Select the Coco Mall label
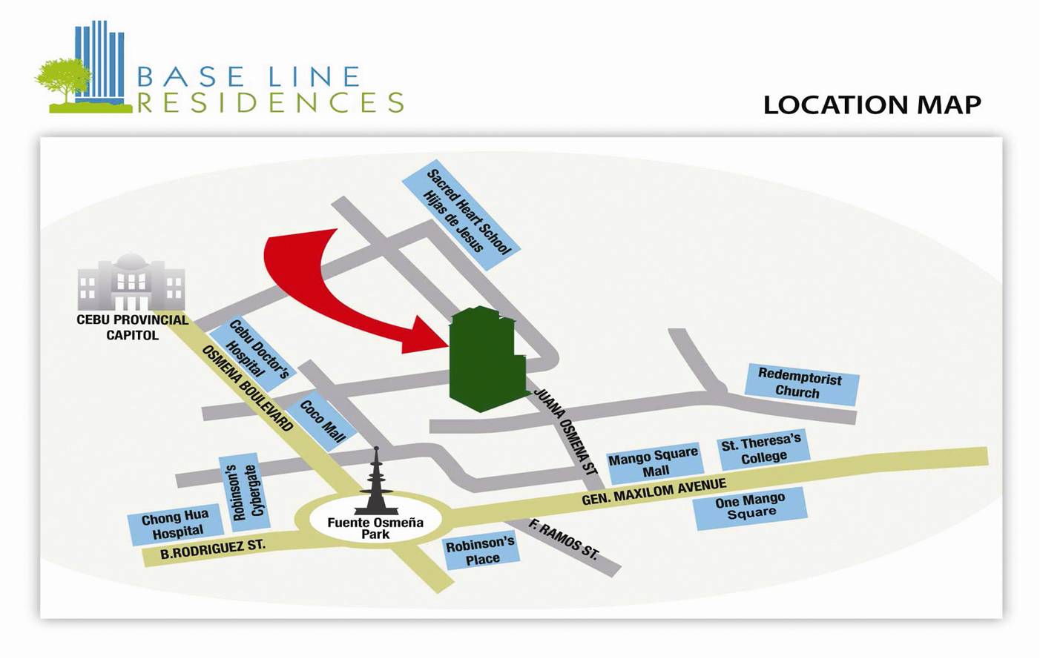[x=323, y=422]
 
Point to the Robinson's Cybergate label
[x=244, y=491]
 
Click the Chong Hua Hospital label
[x=176, y=523]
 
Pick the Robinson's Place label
[x=481, y=550]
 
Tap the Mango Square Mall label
[x=654, y=462]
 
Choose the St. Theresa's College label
[x=762, y=448]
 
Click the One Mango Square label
[x=750, y=506]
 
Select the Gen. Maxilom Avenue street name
[x=654, y=491]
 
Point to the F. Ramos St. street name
[x=564, y=539]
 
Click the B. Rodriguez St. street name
[x=213, y=549]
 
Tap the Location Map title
[x=872, y=105]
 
